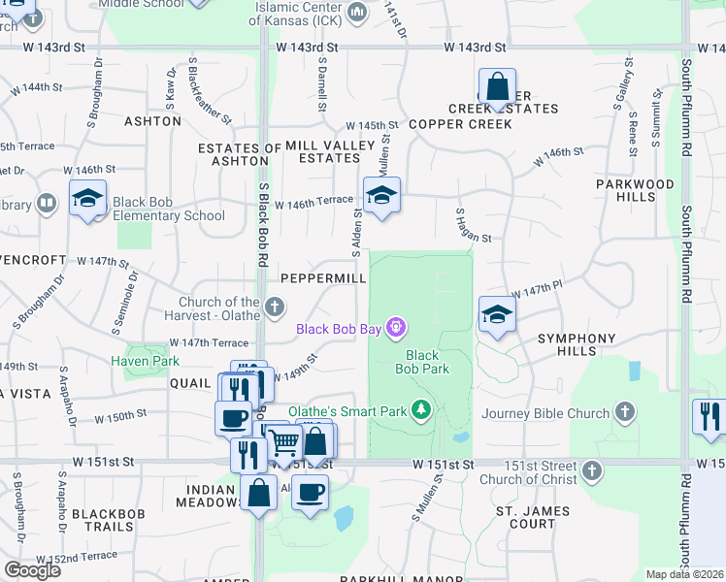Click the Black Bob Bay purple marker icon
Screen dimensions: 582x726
(394, 328)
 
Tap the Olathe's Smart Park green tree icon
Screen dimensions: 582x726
(421, 411)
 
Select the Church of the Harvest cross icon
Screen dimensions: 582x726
(275, 308)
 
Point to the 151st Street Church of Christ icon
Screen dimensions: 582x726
(591, 471)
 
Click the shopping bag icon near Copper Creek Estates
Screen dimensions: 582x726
(497, 86)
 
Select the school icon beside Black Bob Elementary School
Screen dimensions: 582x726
(87, 199)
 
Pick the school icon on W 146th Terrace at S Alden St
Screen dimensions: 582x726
(381, 194)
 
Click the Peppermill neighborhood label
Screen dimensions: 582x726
(323, 278)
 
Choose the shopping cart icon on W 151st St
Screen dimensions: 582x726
(284, 441)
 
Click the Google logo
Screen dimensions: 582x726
(32, 569)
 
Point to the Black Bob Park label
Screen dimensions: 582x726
(422, 362)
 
